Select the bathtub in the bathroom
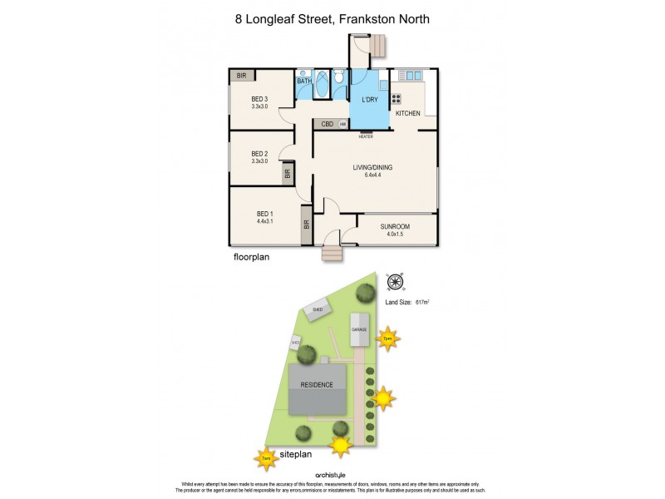point(305,86)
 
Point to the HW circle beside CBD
point(342,124)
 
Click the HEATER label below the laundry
point(366,136)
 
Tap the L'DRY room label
point(369,100)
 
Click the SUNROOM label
point(395,225)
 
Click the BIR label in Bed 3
point(242,76)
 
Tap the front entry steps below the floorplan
point(332,254)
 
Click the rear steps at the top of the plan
point(379,45)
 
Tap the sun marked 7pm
point(387,338)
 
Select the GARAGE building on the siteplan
point(359,330)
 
